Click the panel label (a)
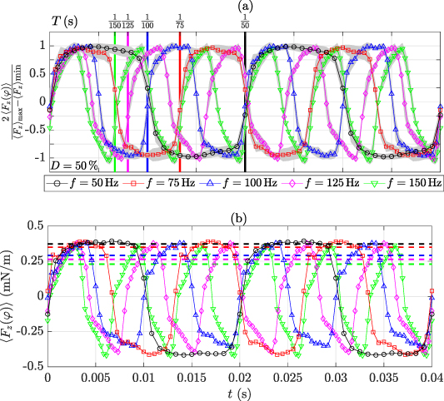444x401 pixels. (x=245, y=6)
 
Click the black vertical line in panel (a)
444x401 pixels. (x=245, y=100)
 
